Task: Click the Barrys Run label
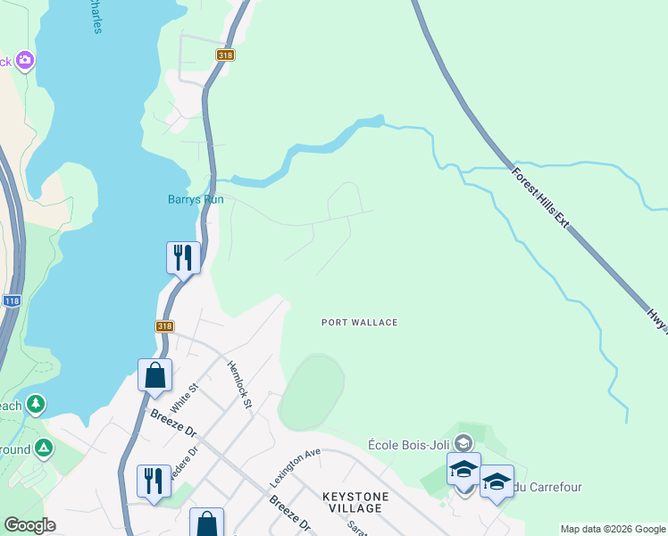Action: coord(196,199)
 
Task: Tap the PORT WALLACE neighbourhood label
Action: coord(359,322)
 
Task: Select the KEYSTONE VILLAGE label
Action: coord(355,502)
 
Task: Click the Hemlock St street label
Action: coord(240,384)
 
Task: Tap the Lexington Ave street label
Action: coord(295,467)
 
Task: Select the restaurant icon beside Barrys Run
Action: coord(183,257)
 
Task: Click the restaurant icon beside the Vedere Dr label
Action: coord(154,481)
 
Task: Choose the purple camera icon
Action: coord(25,61)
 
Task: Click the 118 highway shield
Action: coord(11,302)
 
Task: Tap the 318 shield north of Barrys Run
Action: coord(224,55)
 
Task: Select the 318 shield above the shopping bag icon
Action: coord(164,327)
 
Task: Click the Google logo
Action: coord(29,525)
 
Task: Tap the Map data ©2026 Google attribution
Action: coord(613,529)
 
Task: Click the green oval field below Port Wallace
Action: coord(311,393)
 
